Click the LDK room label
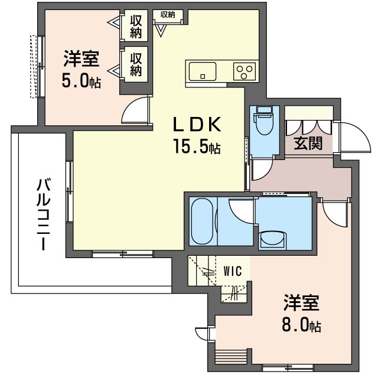pos(197,125)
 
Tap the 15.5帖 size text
pos(197,146)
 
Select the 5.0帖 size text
pos(81,80)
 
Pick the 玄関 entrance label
pos(308,143)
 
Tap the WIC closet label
pos(233,272)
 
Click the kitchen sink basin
pos(203,73)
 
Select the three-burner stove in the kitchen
pos(243,72)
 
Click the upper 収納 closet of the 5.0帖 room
pos(136,26)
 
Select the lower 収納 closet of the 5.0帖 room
pos(136,64)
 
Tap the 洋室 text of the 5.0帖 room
pos(82,60)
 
